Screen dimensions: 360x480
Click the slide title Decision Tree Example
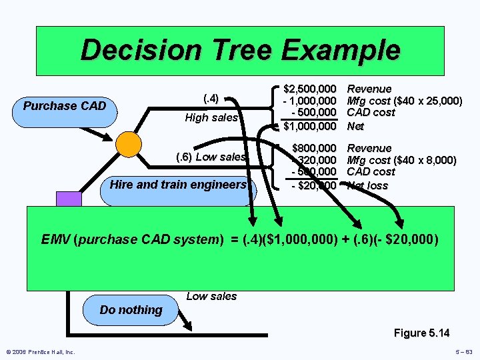240,51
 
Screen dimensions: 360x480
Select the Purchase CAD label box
65,106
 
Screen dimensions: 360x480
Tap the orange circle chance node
128,144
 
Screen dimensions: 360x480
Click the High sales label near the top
211,118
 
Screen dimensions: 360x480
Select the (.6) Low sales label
211,157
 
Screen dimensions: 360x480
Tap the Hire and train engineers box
179,185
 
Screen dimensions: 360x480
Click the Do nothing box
131,310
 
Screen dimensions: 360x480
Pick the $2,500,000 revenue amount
309,89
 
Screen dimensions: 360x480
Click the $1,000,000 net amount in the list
309,125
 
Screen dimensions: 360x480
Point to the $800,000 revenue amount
313,148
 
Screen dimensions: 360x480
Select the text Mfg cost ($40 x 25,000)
405,101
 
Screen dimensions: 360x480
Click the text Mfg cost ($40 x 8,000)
402,160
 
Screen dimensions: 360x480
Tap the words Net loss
367,185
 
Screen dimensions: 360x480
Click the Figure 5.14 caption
421,333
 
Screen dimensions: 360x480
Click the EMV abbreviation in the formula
56,238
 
